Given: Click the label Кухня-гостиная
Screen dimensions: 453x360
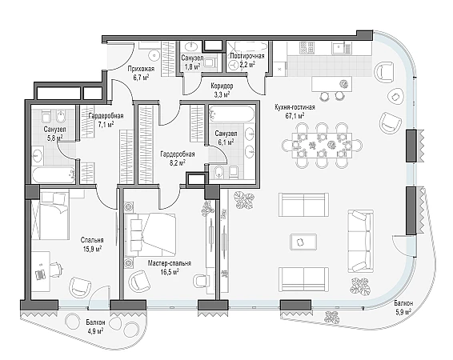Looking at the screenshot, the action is click(295, 107).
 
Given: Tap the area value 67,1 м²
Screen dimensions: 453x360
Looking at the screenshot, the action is click(295, 116).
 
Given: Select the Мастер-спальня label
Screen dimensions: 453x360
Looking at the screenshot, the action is click(170, 263).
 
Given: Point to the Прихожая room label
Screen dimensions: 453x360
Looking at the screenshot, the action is click(142, 69).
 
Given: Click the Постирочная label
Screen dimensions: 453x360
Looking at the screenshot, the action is click(247, 56).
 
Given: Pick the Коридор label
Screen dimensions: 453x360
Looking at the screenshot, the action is click(222, 86).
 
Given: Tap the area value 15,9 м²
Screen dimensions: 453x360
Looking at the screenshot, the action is click(92, 249).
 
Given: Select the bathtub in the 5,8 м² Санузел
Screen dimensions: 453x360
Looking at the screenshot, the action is click(53, 174).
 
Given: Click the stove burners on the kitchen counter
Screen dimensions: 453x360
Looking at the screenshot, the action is click(307, 47).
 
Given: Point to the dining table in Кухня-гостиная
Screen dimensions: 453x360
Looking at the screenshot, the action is click(322, 146).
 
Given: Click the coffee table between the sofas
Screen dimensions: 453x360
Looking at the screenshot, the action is click(303, 242).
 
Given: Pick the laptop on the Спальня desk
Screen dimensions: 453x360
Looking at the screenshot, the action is click(41, 274).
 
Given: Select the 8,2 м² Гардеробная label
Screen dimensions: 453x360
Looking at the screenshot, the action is click(178, 158).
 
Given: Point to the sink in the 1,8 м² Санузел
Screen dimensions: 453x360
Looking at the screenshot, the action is click(190, 46).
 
